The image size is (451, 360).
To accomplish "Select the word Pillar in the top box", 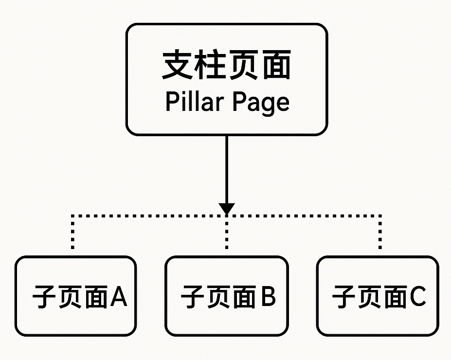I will [x=193, y=102].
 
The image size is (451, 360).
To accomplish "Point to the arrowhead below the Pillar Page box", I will [x=227, y=208].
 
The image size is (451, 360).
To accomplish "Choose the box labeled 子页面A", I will [x=75, y=296].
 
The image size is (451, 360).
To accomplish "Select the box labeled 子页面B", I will [x=226, y=296].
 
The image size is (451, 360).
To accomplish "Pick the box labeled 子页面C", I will [x=378, y=296].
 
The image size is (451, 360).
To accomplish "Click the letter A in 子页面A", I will [x=118, y=296].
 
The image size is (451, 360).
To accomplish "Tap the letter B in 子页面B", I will [x=268, y=296].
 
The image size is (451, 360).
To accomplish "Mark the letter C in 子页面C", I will [x=417, y=296].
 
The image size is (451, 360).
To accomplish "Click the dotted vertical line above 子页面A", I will [x=72, y=232].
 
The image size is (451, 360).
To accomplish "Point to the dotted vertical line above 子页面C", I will [x=380, y=232].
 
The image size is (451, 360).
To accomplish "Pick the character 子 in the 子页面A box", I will [x=45, y=297].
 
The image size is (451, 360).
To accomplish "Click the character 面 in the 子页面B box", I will [x=243, y=297].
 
